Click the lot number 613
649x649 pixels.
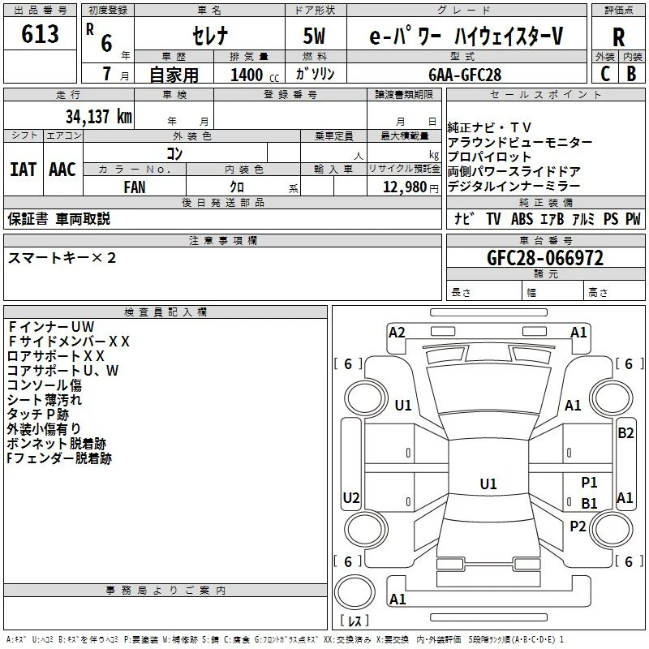[x=40, y=33]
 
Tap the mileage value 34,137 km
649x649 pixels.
[x=99, y=116]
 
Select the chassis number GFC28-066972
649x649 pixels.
[x=545, y=258]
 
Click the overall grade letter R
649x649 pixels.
[x=618, y=37]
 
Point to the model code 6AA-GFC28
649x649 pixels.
[x=465, y=75]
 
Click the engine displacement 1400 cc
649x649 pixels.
[x=255, y=75]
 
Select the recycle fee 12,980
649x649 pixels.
[x=404, y=187]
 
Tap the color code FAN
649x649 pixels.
[x=135, y=187]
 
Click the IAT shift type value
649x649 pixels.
[x=24, y=170]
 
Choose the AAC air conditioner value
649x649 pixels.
[x=62, y=170]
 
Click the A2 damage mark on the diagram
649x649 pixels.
[x=397, y=333]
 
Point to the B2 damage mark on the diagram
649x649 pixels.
[x=625, y=433]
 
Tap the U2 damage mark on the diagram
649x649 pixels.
[x=351, y=497]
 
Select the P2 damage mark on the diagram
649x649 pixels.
[x=578, y=527]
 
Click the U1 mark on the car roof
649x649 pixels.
[x=488, y=484]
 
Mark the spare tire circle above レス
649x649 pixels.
[x=355, y=591]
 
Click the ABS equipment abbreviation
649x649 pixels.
[x=522, y=219]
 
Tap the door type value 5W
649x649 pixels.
[x=314, y=36]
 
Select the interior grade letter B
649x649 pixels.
[x=631, y=74]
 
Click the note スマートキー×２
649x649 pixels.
[x=62, y=258]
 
